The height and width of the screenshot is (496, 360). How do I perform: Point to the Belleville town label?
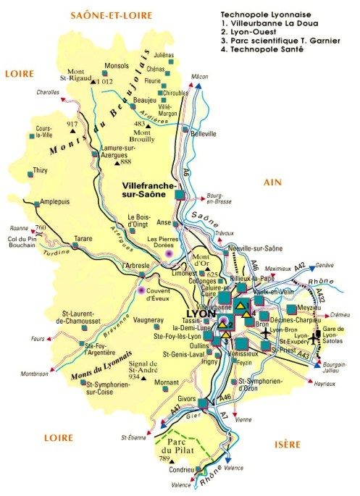202,135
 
